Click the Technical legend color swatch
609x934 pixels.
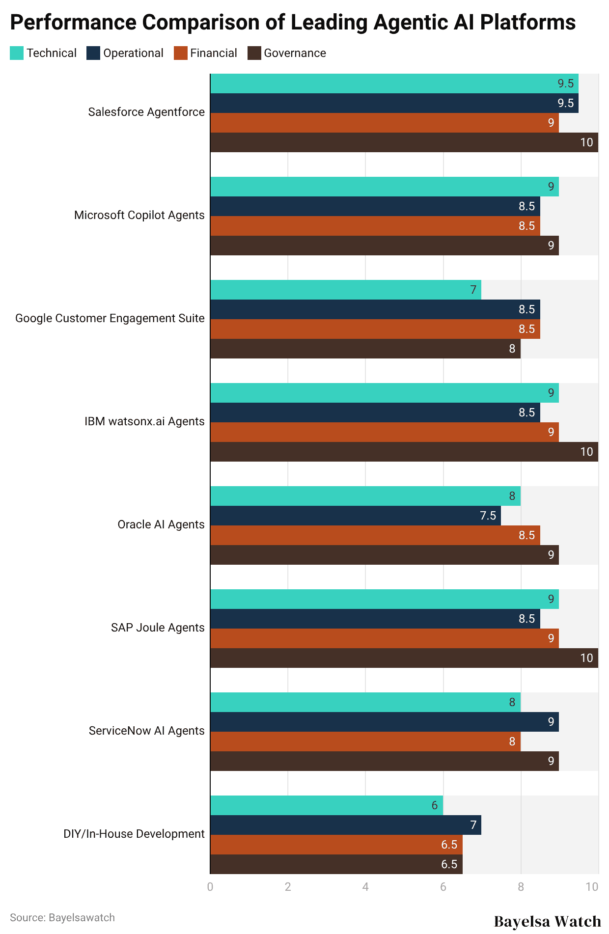(x=17, y=53)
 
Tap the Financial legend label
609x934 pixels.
(x=213, y=53)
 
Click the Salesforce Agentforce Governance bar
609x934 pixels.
(x=404, y=142)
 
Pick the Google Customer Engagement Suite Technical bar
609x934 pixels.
(x=345, y=290)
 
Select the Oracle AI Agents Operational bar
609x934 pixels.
(x=355, y=516)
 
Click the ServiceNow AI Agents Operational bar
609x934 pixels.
(x=384, y=722)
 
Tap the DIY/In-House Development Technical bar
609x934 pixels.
(x=326, y=805)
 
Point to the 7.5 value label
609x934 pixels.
(x=488, y=516)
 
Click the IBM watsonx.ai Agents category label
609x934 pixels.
(x=144, y=421)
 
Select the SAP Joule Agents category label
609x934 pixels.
(x=158, y=628)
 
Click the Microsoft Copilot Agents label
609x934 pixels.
(x=139, y=215)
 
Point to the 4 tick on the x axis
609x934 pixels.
(x=365, y=887)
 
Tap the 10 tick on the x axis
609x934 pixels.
(x=592, y=887)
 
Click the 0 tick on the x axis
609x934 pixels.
(x=210, y=887)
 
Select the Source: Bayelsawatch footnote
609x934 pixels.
(x=62, y=918)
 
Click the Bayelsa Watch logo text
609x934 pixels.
(x=547, y=921)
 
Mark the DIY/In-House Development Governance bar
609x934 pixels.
(x=336, y=864)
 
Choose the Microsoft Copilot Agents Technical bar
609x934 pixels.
(x=384, y=187)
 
